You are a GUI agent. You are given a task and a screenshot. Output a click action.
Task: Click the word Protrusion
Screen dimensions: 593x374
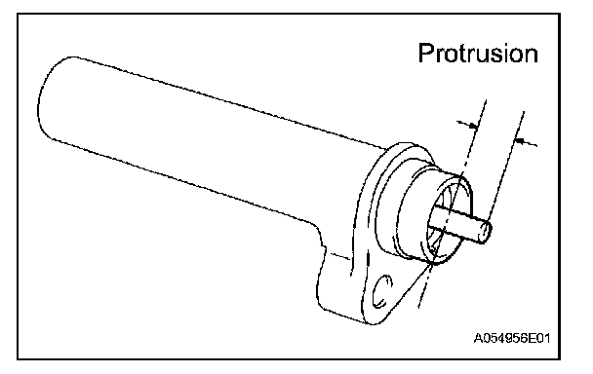pyautogui.click(x=478, y=54)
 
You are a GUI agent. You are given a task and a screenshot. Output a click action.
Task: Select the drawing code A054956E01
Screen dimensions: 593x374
pyautogui.click(x=512, y=338)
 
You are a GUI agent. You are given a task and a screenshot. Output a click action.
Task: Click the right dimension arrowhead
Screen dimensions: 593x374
pyautogui.click(x=521, y=141)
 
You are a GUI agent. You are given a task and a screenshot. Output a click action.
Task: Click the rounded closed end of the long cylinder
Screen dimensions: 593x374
pyautogui.click(x=46, y=100)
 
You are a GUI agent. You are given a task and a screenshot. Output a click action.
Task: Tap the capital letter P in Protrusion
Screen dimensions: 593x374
pyautogui.click(x=426, y=54)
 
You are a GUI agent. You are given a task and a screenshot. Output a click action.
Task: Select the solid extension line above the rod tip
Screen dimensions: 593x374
pyautogui.click(x=505, y=167)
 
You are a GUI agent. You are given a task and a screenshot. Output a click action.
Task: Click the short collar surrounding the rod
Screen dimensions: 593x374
pyautogui.click(x=435, y=215)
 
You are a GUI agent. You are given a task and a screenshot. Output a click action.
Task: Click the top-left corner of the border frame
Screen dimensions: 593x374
pyautogui.click(x=18, y=14)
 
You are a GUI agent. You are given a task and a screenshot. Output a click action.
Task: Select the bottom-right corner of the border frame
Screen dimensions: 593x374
pyautogui.click(x=559, y=358)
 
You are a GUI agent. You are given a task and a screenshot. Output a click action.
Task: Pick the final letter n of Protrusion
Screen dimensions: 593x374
pyautogui.click(x=531, y=56)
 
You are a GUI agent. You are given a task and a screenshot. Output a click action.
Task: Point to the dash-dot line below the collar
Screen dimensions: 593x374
pyautogui.click(x=425, y=286)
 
